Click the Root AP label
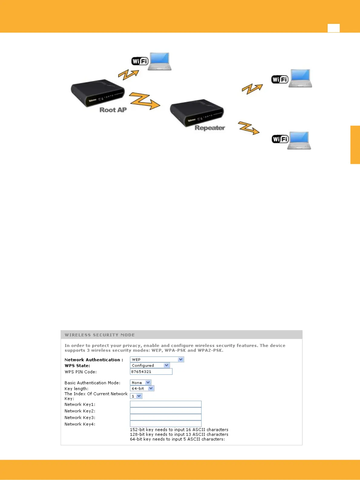pyautogui.click(x=113, y=110)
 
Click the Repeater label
pyautogui.click(x=210, y=128)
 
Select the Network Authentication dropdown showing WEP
pyautogui.click(x=157, y=359)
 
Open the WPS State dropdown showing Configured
pyautogui.click(x=150, y=365)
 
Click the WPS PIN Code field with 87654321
pyautogui.click(x=151, y=371)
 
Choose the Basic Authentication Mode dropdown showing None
pyautogui.click(x=141, y=383)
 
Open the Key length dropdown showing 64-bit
pyautogui.click(x=142, y=388)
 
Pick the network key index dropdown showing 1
pyautogui.click(x=136, y=396)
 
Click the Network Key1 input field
pyautogui.click(x=165, y=404)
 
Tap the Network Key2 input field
pyautogui.click(x=165, y=411)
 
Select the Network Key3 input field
pyautogui.click(x=165, y=417)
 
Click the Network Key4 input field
pyautogui.click(x=165, y=424)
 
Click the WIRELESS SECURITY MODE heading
pyautogui.click(x=100, y=335)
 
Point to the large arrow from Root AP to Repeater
pyautogui.click(x=144, y=101)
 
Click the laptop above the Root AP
pyautogui.click(x=159, y=61)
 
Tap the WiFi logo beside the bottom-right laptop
pyautogui.click(x=280, y=139)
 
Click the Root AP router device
pyautogui.click(x=97, y=92)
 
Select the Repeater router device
pyautogui.click(x=197, y=112)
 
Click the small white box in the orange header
pyautogui.click(x=333, y=28)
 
